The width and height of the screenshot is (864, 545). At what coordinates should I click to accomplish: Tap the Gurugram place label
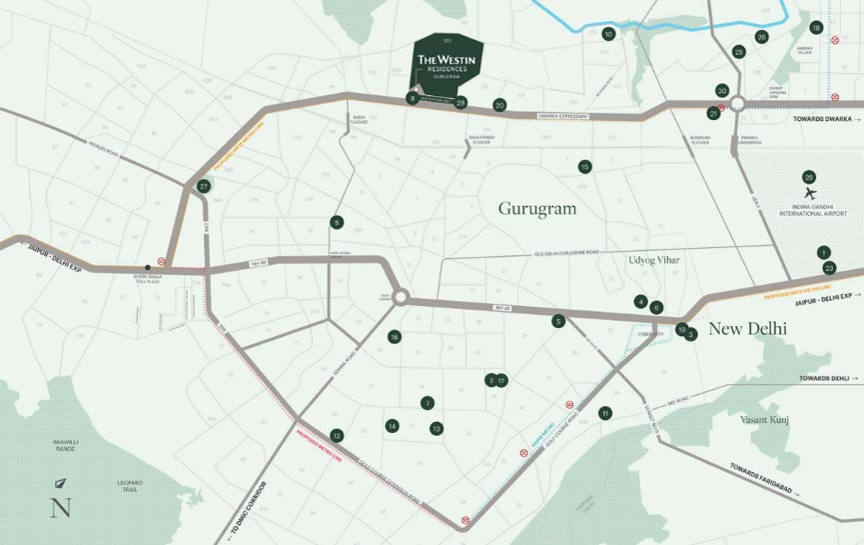pyautogui.click(x=538, y=208)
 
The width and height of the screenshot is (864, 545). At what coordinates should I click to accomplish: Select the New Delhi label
pyautogui.click(x=747, y=328)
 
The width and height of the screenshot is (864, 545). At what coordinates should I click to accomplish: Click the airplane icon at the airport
pyautogui.click(x=809, y=193)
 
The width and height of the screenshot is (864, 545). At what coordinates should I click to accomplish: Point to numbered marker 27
pyautogui.click(x=204, y=186)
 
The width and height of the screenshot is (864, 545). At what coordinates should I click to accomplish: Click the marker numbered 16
pyautogui.click(x=395, y=337)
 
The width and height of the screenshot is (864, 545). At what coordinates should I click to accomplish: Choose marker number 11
pyautogui.click(x=604, y=413)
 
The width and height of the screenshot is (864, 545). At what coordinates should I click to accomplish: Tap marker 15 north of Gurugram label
pyautogui.click(x=584, y=167)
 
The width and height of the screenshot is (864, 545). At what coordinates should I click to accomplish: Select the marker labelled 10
pyautogui.click(x=608, y=34)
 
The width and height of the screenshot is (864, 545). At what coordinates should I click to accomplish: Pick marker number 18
pyautogui.click(x=816, y=28)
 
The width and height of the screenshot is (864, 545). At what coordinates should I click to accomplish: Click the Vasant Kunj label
pyautogui.click(x=764, y=419)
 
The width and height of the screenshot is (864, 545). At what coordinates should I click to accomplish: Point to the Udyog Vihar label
pyautogui.click(x=654, y=260)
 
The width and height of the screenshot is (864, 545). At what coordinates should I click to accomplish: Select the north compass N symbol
pyautogui.click(x=61, y=505)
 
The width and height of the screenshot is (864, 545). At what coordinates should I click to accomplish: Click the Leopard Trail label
pyautogui.click(x=130, y=487)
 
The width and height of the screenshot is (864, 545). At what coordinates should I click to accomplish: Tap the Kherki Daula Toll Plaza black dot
pyautogui.click(x=148, y=268)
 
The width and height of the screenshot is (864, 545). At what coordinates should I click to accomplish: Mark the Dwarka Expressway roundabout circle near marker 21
pyautogui.click(x=738, y=104)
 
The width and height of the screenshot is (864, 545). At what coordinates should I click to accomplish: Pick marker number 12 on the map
pyautogui.click(x=337, y=435)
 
